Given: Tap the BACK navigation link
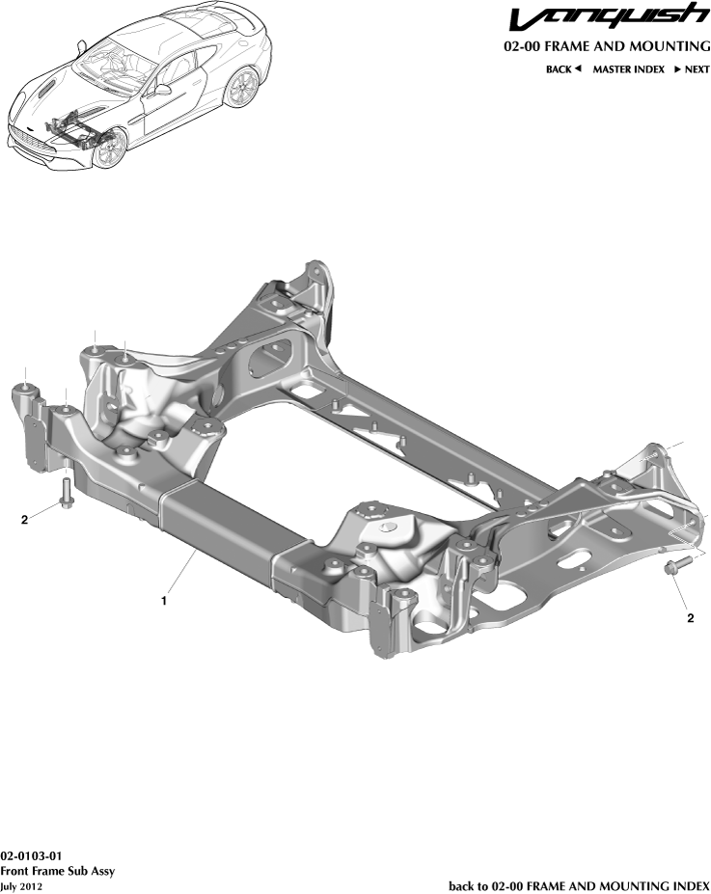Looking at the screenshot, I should (563, 69).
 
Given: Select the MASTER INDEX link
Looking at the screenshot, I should (628, 69).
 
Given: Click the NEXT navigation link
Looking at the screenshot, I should (692, 69).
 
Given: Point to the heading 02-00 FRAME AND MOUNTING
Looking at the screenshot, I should (607, 46).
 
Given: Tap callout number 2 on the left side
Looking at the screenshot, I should (25, 521).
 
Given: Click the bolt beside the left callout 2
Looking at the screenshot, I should (66, 494).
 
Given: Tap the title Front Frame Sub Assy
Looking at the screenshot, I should (58, 871).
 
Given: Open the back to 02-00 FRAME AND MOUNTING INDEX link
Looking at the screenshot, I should (579, 885).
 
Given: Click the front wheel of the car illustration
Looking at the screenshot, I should (110, 149).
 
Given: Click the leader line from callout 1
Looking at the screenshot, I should (183, 574).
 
